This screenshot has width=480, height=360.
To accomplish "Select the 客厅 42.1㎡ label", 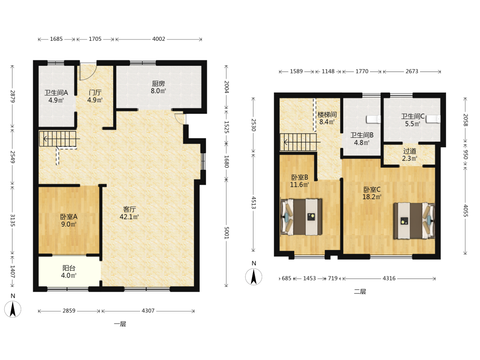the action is click(x=129, y=213).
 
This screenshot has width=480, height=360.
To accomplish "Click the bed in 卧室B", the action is click(x=302, y=217).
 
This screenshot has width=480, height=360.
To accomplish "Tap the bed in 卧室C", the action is click(x=414, y=220).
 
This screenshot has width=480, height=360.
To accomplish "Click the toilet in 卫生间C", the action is click(x=433, y=119).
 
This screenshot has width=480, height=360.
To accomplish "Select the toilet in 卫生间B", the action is click(x=373, y=119).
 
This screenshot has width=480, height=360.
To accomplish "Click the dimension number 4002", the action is click(x=158, y=39).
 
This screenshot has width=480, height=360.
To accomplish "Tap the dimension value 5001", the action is click(x=227, y=233).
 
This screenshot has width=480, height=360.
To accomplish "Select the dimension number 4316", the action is click(x=389, y=278).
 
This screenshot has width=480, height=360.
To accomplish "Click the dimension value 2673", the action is click(x=412, y=72).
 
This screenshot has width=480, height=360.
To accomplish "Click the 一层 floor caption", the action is click(x=120, y=324).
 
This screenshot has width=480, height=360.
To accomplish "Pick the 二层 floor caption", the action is click(x=360, y=291).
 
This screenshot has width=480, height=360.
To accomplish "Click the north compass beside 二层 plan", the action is click(x=254, y=277).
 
